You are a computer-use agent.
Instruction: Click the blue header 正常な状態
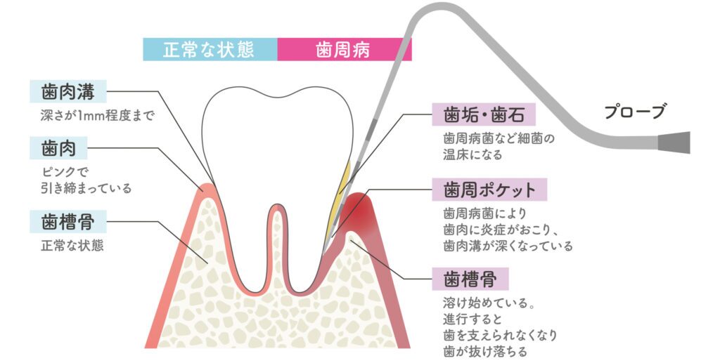pos(210,49)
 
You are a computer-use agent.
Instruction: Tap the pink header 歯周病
pos(345,49)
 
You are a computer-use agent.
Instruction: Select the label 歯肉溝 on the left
pos(68,92)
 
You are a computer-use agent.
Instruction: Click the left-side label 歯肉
pos(58,148)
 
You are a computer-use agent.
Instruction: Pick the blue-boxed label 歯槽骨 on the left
pos(68,222)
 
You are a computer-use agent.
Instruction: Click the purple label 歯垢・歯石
pos(484,114)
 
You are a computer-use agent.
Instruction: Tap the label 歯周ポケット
pos(489,190)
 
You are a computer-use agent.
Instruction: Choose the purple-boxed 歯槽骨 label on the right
pos(470,279)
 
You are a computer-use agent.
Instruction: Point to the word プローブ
pos(635,112)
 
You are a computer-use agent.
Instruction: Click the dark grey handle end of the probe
pos(674,142)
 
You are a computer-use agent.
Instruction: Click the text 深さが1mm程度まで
pos(97,115)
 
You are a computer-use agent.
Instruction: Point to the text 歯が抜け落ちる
pos(485,352)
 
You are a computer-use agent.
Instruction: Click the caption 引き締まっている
pos(86,188)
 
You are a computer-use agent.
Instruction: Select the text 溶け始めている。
pos(490,303)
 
